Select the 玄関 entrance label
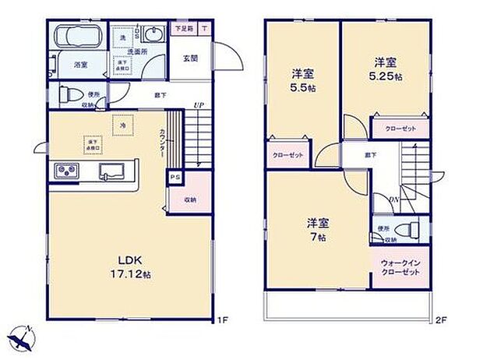(190, 58)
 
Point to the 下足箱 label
(182, 30)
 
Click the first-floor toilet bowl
(68, 94)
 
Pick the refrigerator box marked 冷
(122, 125)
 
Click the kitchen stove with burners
(65, 171)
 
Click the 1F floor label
(223, 319)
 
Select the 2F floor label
(442, 319)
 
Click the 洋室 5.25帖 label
(385, 69)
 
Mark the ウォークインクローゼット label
(401, 269)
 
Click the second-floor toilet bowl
(406, 229)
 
